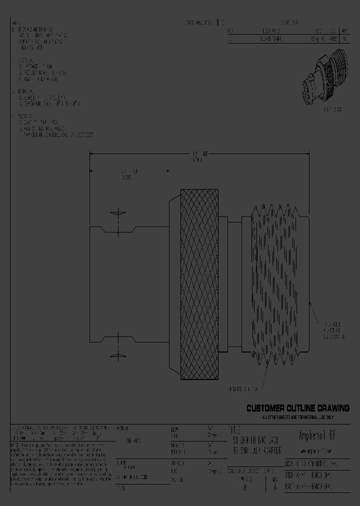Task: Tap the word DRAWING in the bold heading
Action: click(329, 408)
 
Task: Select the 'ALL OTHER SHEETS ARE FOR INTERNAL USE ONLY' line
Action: click(297, 417)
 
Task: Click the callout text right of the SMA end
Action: click(333, 330)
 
